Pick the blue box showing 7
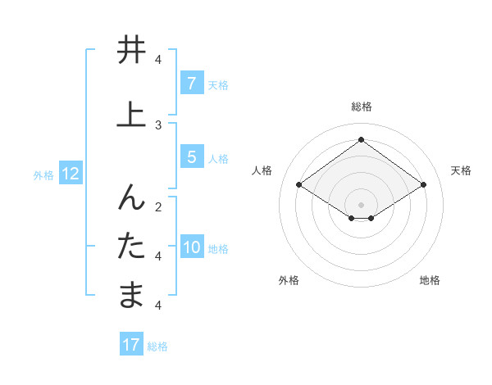[191, 84]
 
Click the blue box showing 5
[191, 157]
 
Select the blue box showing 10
[192, 248]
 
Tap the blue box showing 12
[71, 174]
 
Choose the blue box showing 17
[131, 345]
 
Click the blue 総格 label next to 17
[157, 346]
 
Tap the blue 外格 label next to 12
[43, 174]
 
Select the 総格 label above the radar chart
[361, 106]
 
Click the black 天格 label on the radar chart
[461, 170]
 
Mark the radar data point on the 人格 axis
[299, 185]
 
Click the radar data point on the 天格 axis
[423, 185]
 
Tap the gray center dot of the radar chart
[361, 204]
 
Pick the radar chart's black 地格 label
[430, 280]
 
